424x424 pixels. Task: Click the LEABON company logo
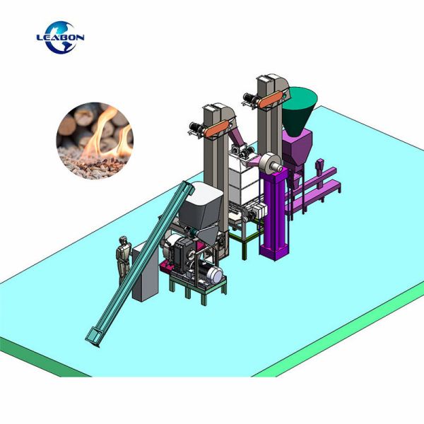[x=60, y=37]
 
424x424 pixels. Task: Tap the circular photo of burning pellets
[x=95, y=141]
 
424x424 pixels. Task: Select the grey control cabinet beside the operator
[x=145, y=272]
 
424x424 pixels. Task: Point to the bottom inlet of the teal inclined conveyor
[x=93, y=337]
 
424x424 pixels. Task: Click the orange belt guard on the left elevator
[x=216, y=129]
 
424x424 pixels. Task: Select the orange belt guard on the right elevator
[x=270, y=100]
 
